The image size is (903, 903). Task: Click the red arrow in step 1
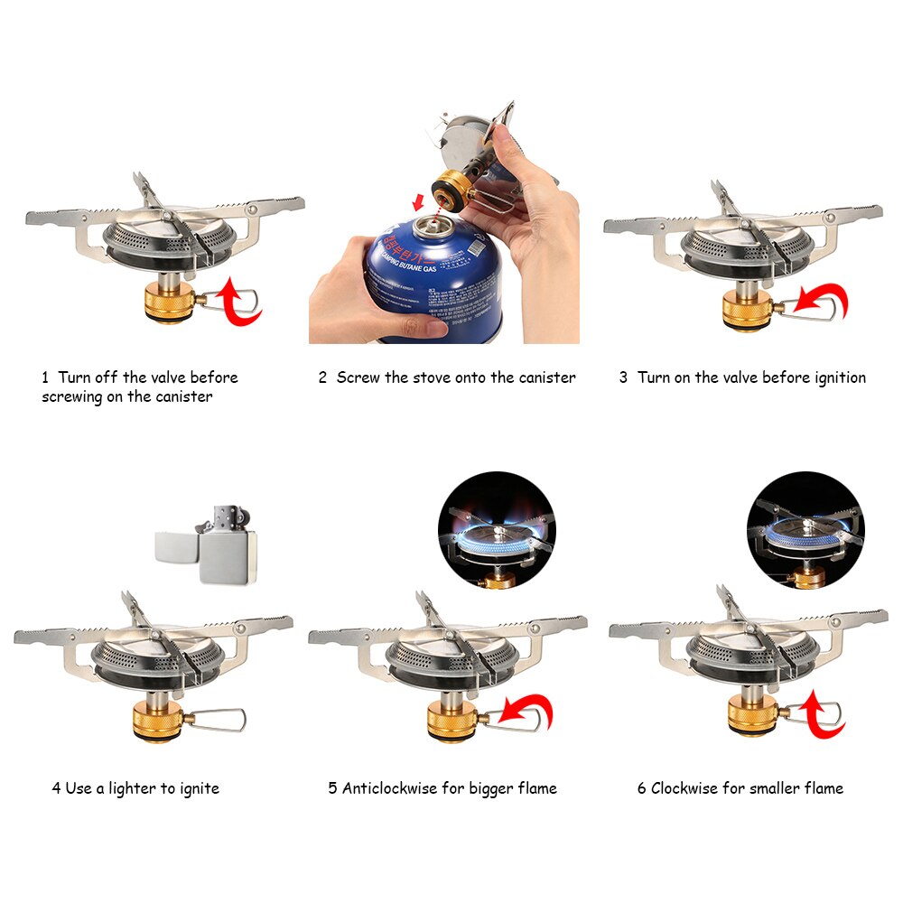coord(241,302)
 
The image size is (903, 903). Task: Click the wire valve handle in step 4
coord(221,720)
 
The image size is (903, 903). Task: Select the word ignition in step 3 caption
coord(834,377)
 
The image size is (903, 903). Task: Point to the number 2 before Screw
coord(322,377)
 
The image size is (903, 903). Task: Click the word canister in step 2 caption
coord(545,377)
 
